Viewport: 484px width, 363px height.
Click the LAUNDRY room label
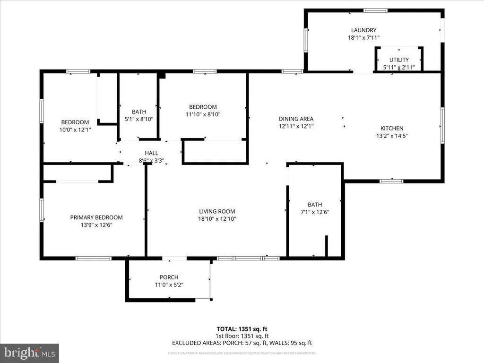point(363,30)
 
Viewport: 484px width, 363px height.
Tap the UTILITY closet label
point(398,60)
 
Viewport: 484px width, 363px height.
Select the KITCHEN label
point(392,128)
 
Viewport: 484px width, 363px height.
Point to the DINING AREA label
point(296,119)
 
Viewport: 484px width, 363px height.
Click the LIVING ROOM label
point(216,211)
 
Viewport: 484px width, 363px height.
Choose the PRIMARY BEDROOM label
point(96,217)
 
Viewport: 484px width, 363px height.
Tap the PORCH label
point(169,277)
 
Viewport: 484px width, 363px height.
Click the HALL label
point(151,153)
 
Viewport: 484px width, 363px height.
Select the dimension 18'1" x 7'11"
point(363,38)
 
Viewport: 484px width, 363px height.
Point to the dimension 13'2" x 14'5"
point(392,136)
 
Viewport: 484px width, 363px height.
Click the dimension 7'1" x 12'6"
point(315,212)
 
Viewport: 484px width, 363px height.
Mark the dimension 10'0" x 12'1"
point(75,129)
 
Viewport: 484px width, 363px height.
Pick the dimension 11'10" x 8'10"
point(203,114)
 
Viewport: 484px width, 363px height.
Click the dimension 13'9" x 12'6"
point(96,225)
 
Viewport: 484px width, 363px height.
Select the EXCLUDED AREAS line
point(242,343)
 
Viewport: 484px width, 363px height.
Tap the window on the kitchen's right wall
point(442,124)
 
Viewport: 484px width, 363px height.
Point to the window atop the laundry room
point(375,10)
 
